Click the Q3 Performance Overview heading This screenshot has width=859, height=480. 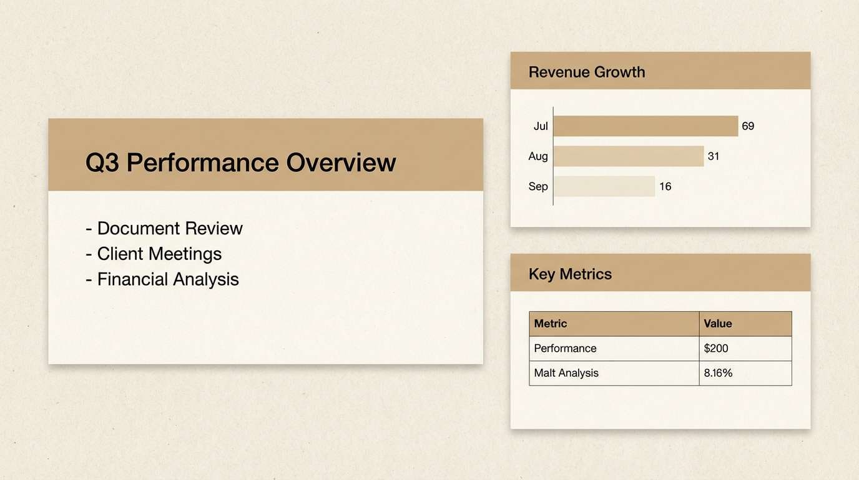pos(240,162)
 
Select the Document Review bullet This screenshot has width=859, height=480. pos(164,228)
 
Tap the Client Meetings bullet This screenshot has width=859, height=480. pos(154,254)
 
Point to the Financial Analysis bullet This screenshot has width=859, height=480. pos(162,279)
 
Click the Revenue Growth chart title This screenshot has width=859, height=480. pos(586,72)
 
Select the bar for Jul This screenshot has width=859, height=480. pos(645,126)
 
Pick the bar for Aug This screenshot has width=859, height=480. pos(629,156)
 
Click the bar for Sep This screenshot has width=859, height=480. pos(604,186)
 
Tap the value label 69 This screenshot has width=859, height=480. pos(748,126)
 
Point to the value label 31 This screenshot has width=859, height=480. pos(714,156)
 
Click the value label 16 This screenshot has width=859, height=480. pos(665,186)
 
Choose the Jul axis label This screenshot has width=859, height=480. pos(541,126)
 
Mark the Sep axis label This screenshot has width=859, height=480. pos(538,186)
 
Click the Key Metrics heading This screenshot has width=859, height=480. pos(570,274)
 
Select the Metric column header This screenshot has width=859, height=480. pos(551,324)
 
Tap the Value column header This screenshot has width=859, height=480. pos(718,324)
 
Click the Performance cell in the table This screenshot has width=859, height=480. pos(566,348)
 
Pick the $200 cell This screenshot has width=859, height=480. pos(716,348)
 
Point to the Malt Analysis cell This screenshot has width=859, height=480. pos(566,373)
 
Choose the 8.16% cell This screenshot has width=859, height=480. pos(718,373)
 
